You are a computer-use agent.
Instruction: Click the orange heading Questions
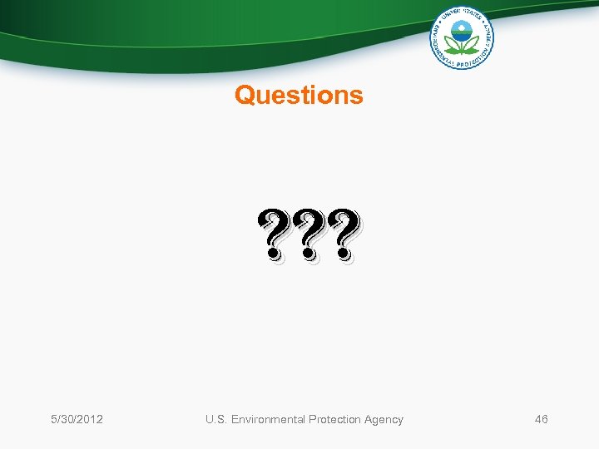(299, 96)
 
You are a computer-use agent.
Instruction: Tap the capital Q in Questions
(244, 96)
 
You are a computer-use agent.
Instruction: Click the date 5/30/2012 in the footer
(76, 419)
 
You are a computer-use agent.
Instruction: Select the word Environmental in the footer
(269, 419)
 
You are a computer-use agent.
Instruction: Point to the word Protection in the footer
(335, 419)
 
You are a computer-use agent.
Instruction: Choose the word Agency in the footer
(383, 419)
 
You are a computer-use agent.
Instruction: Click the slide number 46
(541, 419)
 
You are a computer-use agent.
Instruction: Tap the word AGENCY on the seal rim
(488, 33)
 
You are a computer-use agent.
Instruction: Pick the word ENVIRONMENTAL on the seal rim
(438, 47)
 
